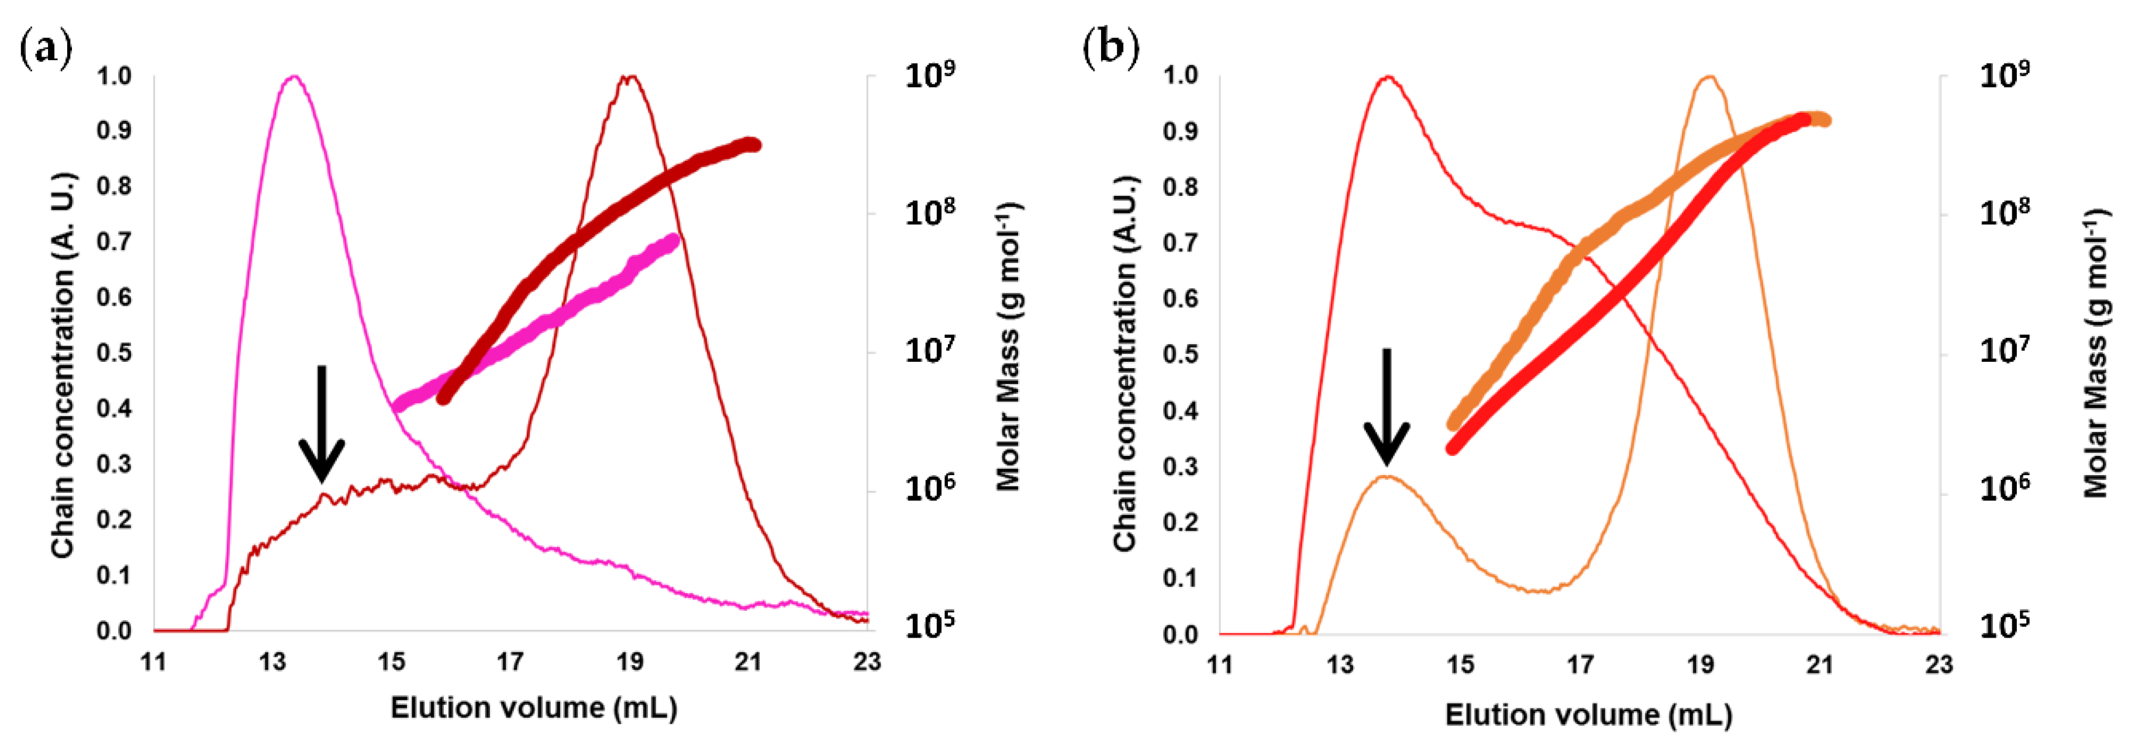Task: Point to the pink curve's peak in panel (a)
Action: tap(292, 77)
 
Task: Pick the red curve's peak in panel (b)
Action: tap(1388, 77)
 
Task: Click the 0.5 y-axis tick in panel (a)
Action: tap(115, 353)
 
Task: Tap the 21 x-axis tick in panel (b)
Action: tap(1820, 665)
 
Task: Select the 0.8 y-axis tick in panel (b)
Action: tap(1180, 187)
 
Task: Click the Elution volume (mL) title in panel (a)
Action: tap(534, 708)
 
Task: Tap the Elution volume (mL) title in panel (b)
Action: tap(1588, 715)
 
